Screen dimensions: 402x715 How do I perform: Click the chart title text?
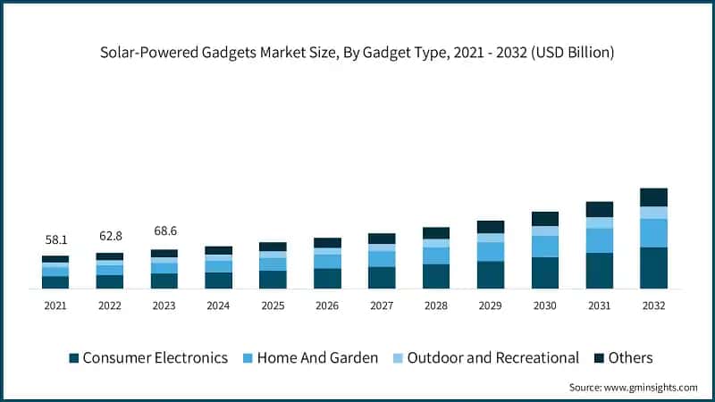tap(357, 53)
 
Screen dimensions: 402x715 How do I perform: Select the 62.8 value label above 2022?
tap(109, 236)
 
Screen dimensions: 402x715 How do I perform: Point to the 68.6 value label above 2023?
tap(164, 230)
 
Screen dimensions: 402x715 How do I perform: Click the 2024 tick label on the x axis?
tap(218, 306)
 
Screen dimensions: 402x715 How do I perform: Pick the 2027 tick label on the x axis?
tap(382, 306)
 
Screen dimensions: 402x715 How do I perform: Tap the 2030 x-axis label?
tap(545, 306)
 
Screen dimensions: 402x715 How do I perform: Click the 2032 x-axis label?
tap(653, 306)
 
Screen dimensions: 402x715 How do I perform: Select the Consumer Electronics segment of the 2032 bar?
tap(653, 268)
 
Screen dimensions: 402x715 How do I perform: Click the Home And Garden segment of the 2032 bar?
tap(653, 233)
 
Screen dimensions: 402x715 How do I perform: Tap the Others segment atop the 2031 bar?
tap(599, 209)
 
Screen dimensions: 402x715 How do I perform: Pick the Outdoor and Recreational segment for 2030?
tap(545, 230)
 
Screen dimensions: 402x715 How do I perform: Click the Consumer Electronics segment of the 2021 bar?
tap(55, 282)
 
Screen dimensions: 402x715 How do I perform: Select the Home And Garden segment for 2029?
tap(491, 252)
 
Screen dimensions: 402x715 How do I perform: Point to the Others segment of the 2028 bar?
tap(436, 233)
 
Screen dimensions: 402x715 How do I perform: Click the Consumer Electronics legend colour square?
tap(74, 358)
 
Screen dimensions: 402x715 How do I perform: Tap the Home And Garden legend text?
tap(317, 358)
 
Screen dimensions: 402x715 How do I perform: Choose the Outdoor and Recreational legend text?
tap(492, 358)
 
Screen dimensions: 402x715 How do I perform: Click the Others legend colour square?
tap(597, 358)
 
